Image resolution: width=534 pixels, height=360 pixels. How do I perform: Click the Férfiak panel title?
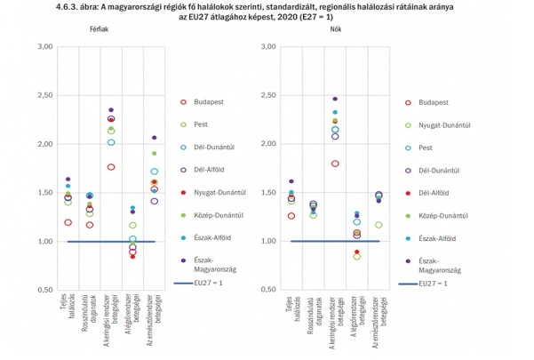99,30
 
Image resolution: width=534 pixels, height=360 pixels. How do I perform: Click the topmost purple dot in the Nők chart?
335,99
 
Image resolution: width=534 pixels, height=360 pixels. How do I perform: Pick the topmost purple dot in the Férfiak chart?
111,110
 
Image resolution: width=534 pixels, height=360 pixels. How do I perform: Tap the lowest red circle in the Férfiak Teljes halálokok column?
68,222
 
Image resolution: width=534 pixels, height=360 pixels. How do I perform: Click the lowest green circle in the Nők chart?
357,256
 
